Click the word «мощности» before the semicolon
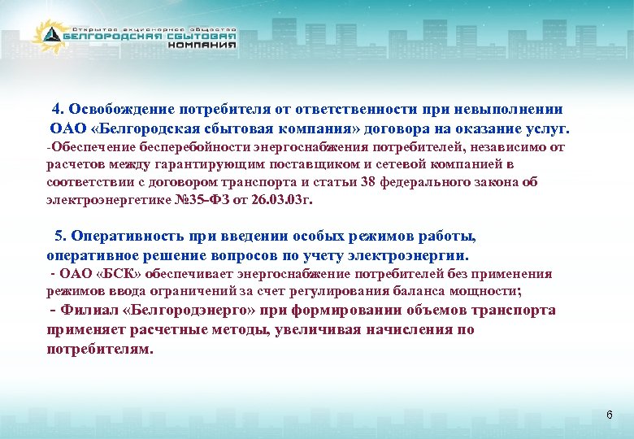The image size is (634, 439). (x=484, y=290)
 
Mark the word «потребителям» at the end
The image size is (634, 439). (x=98, y=349)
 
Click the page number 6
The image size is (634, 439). (x=609, y=415)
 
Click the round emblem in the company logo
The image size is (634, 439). (x=50, y=35)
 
